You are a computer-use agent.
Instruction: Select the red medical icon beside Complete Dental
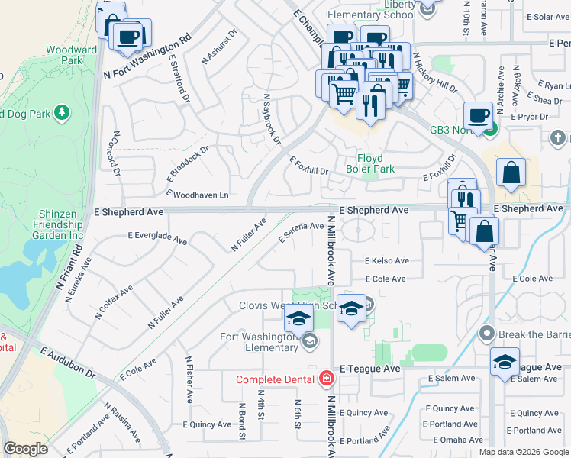tap(327, 379)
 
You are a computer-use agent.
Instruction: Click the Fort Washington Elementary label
tap(258, 342)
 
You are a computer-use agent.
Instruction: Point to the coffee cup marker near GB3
tap(478, 116)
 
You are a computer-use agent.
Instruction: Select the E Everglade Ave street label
tap(157, 238)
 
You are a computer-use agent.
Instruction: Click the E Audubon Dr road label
tap(68, 364)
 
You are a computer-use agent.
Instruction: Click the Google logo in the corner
tap(25, 449)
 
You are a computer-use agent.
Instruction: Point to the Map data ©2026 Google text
tap(524, 451)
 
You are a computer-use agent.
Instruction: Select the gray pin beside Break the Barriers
tap(486, 334)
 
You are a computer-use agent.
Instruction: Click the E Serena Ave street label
tap(301, 232)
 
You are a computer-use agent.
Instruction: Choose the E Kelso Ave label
tap(386, 261)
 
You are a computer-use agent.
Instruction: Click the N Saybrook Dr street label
tap(273, 119)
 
